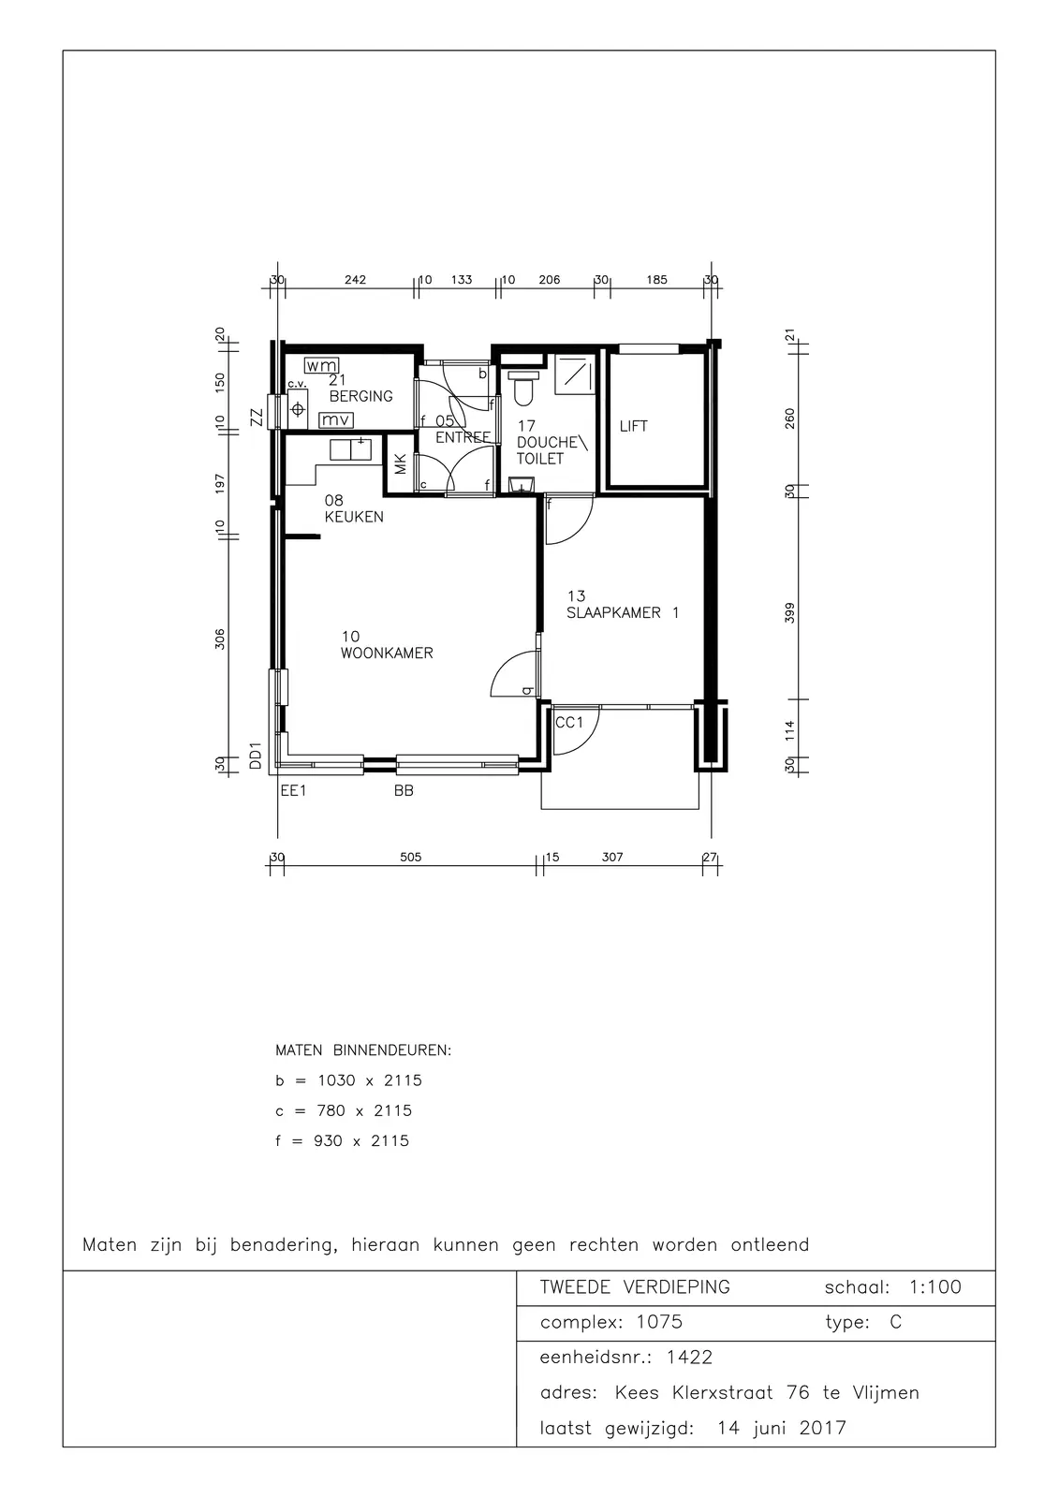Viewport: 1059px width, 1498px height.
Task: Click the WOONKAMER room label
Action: point(387,654)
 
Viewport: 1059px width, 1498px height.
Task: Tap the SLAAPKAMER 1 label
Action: point(623,612)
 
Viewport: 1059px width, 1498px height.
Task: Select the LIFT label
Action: point(634,426)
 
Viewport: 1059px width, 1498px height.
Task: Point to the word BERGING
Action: point(361,396)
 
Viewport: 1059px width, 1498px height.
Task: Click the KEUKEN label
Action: point(354,516)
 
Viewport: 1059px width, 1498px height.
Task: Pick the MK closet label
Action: point(400,464)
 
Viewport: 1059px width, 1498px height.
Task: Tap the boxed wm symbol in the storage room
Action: point(322,366)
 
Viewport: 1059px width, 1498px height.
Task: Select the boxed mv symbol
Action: point(336,420)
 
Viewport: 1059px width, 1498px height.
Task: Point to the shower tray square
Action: point(575,374)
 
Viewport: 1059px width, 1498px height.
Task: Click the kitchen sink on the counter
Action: point(350,450)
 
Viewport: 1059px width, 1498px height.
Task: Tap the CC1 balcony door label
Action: point(569,722)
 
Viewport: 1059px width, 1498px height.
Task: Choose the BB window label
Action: point(404,790)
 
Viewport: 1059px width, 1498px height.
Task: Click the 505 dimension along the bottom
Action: point(411,858)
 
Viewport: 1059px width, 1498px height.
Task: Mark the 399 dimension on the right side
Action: point(790,612)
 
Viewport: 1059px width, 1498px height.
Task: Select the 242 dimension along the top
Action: point(355,280)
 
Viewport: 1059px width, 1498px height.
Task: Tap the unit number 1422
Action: point(689,1357)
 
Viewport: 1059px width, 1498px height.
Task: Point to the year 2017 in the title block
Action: point(823,1428)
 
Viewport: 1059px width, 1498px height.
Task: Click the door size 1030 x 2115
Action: point(370,1080)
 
